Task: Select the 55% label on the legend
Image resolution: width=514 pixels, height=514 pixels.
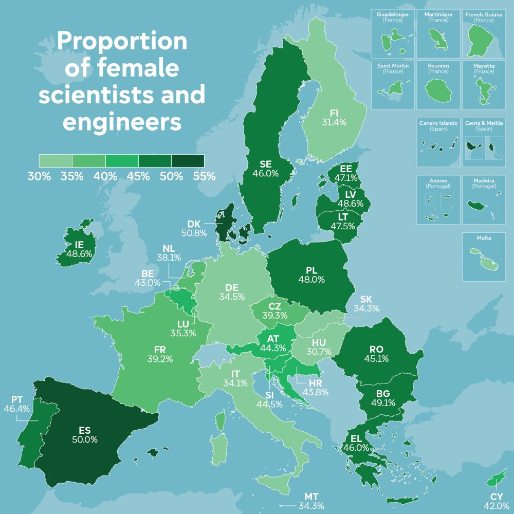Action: (204, 176)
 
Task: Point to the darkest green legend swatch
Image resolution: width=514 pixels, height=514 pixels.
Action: (188, 161)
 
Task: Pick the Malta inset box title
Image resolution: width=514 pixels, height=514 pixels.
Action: (484, 238)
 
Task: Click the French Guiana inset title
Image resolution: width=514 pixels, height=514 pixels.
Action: (484, 14)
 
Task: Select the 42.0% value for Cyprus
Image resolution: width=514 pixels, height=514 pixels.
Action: (496, 506)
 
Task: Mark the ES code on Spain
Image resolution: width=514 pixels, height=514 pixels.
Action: (85, 430)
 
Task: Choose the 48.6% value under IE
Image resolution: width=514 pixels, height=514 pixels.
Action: (79, 253)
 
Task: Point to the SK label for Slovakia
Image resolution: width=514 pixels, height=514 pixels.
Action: (366, 299)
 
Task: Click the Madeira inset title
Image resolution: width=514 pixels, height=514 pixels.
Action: (484, 181)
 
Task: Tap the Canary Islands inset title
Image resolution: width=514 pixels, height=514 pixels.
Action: (438, 123)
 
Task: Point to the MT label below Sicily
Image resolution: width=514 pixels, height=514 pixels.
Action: (311, 497)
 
